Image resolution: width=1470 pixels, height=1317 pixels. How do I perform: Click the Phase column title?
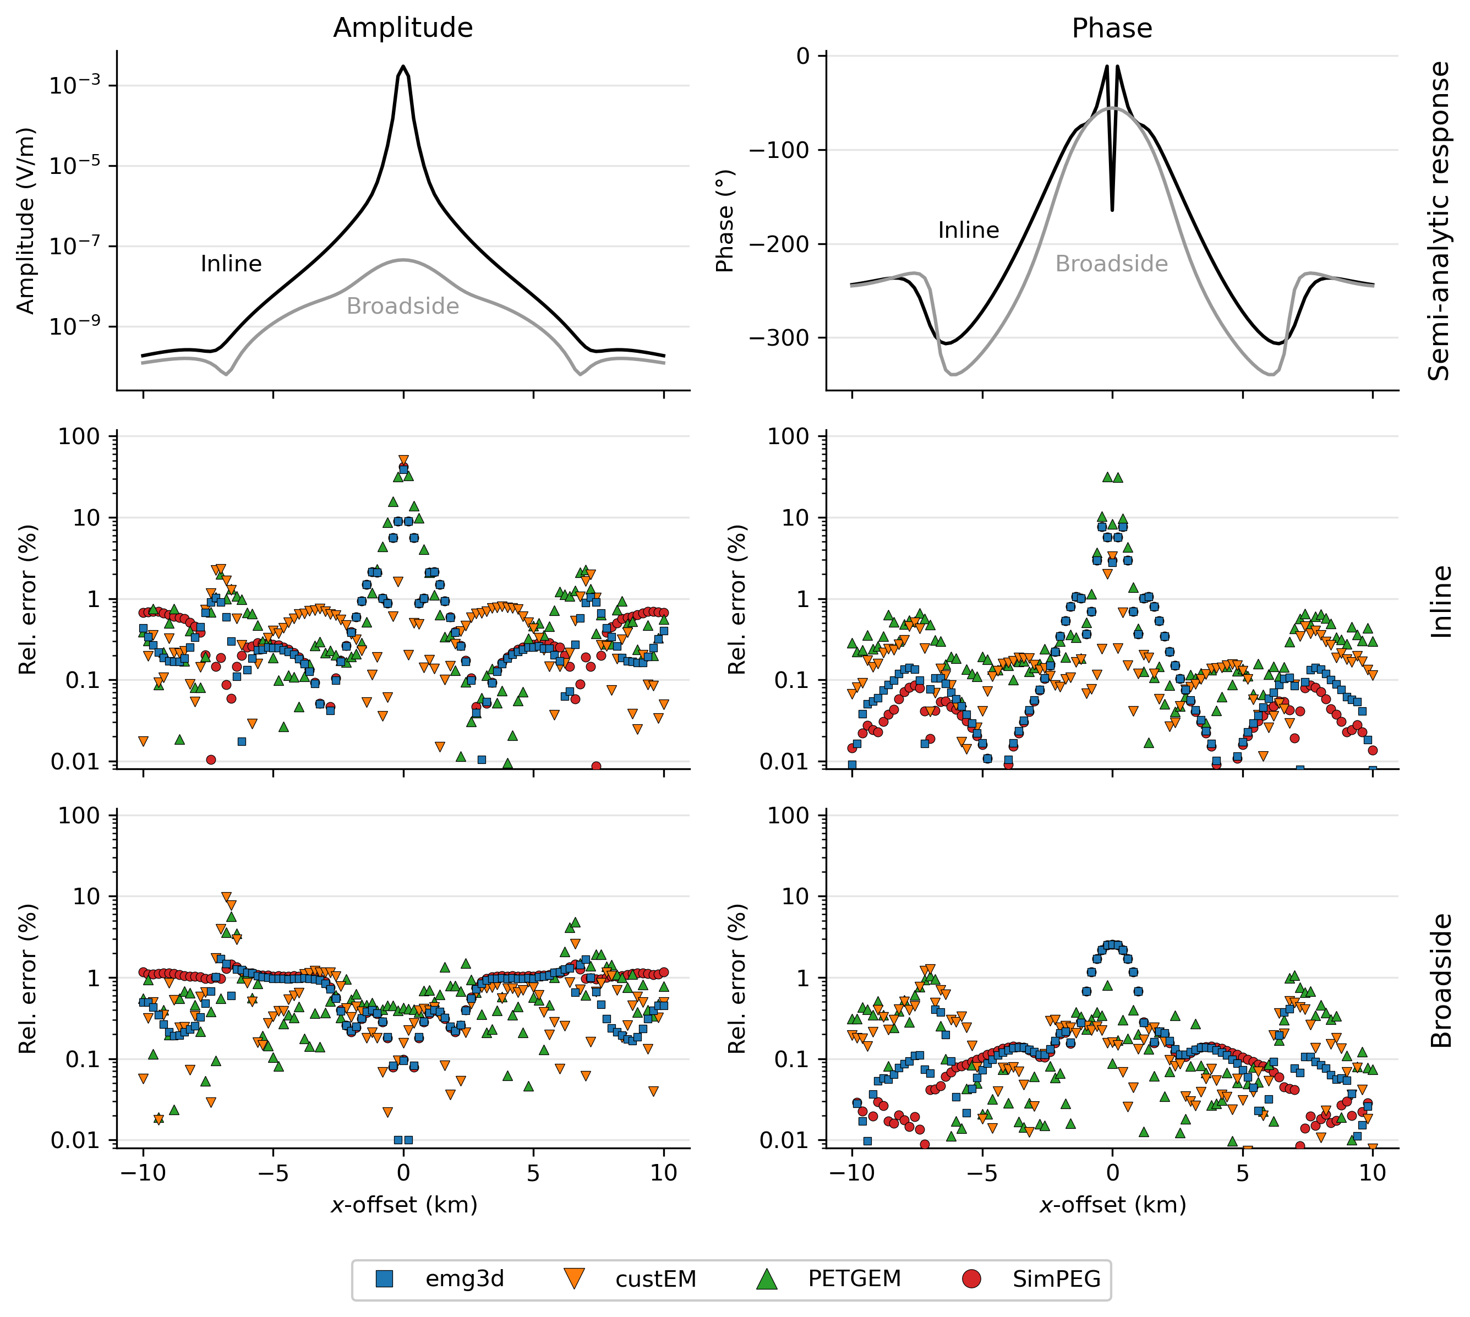[1111, 28]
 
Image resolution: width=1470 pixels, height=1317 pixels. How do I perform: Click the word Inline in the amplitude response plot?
[231, 264]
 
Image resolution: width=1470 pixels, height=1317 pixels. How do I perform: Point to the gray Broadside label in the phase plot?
[1111, 264]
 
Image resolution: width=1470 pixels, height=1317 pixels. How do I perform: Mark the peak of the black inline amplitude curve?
[403, 67]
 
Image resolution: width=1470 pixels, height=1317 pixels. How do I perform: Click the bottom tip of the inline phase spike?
[1112, 210]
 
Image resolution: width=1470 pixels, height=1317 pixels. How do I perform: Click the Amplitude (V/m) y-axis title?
[25, 221]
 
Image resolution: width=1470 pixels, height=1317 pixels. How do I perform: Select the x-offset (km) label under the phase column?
[1112, 1205]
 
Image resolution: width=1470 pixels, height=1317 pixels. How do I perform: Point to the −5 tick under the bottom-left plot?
[273, 1173]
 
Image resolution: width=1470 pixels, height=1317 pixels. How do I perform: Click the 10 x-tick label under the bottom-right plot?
[1372, 1173]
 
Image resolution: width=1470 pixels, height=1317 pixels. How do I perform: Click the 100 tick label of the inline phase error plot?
[788, 436]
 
